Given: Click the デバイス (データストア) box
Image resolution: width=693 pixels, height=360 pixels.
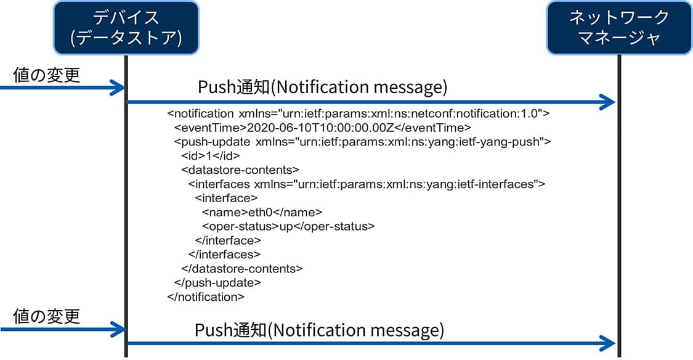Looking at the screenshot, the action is tap(126, 27).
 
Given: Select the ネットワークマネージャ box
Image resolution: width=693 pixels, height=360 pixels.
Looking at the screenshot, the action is tap(619, 27).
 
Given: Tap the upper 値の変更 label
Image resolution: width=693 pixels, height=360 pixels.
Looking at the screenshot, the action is tap(46, 75).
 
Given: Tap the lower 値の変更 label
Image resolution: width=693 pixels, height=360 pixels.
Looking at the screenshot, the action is tap(46, 316).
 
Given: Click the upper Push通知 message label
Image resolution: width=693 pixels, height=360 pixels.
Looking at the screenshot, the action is tap(322, 87).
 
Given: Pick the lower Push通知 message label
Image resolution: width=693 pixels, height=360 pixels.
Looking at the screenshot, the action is tap(319, 330).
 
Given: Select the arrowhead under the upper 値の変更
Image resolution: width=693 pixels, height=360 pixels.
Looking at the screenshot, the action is tap(118, 88).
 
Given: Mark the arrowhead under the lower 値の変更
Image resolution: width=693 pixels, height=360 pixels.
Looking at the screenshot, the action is tap(118, 329).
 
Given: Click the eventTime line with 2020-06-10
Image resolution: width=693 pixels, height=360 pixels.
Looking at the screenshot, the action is tap(323, 128).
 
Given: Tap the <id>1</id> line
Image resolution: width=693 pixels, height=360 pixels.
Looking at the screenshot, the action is tap(211, 156).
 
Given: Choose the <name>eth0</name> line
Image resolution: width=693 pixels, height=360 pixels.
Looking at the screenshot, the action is tap(262, 212).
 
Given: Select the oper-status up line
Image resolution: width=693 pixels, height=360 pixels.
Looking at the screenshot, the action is tap(288, 226).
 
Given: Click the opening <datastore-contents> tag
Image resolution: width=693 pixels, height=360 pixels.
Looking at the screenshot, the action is tap(240, 170).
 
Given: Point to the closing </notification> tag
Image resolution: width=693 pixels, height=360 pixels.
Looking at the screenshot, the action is tap(206, 297).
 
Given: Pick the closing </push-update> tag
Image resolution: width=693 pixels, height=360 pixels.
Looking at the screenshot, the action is tap(217, 283).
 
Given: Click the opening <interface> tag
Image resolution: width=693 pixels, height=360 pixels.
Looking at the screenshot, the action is tap(226, 198).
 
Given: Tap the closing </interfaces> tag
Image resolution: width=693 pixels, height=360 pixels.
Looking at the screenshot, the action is tap(224, 255).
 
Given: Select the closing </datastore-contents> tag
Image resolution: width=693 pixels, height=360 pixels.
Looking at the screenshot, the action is tap(241, 269).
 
